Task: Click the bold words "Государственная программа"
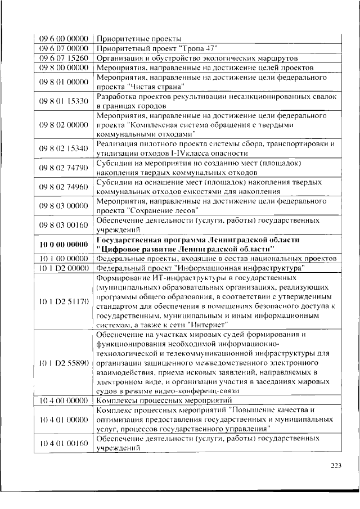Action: [143, 240]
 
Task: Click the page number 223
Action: [336, 465]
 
